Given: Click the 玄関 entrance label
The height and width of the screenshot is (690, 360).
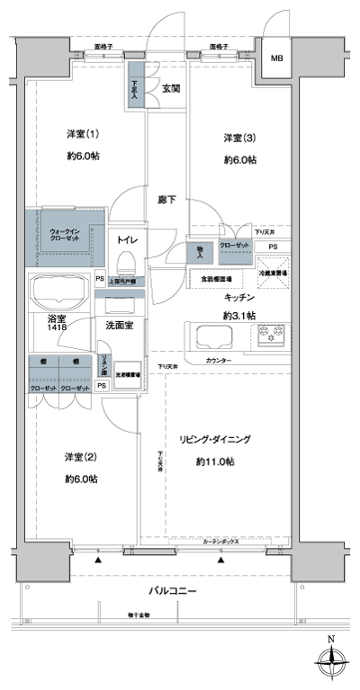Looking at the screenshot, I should point(172,88).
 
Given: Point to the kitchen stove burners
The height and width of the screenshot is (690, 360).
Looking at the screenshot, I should point(273,337).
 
